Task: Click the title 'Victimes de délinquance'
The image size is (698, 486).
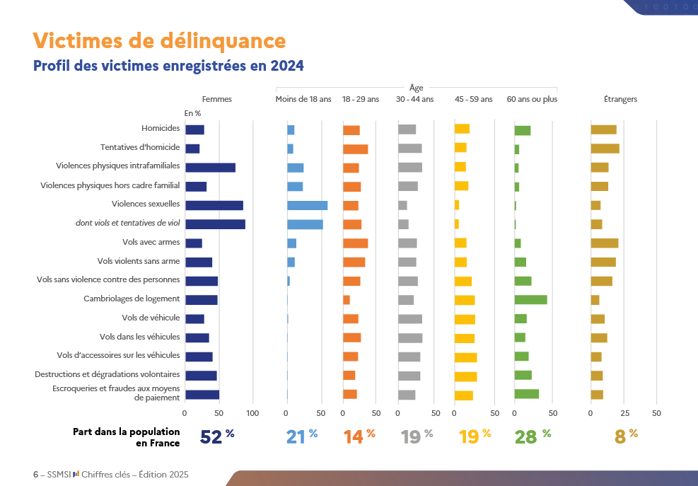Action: pyautogui.click(x=159, y=40)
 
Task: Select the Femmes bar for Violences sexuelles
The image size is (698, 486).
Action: pyautogui.click(x=214, y=205)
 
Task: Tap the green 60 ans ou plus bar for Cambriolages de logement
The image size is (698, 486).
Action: pyautogui.click(x=530, y=299)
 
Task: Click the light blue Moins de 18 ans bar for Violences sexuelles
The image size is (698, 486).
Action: pyautogui.click(x=307, y=205)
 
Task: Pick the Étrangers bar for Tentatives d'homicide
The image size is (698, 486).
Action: pyautogui.click(x=605, y=149)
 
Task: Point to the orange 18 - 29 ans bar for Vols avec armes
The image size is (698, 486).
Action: pyautogui.click(x=355, y=243)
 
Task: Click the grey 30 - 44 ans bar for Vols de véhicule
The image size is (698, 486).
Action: pyautogui.click(x=409, y=318)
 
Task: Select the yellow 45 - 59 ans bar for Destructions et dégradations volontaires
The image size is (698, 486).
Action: pyautogui.click(x=465, y=375)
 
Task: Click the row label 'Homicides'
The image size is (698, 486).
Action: pyautogui.click(x=161, y=129)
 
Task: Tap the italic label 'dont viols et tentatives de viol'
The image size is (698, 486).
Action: pyautogui.click(x=128, y=223)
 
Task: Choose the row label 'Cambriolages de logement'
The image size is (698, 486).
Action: pyautogui.click(x=132, y=299)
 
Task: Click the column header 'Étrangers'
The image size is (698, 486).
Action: pyautogui.click(x=620, y=99)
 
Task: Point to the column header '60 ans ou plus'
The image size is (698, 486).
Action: pyautogui.click(x=532, y=99)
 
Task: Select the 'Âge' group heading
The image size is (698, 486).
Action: pyautogui.click(x=417, y=88)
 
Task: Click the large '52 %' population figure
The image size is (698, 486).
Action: pyautogui.click(x=216, y=436)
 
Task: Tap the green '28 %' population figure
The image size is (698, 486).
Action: pyautogui.click(x=532, y=436)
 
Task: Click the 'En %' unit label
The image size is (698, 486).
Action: pyautogui.click(x=193, y=113)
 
